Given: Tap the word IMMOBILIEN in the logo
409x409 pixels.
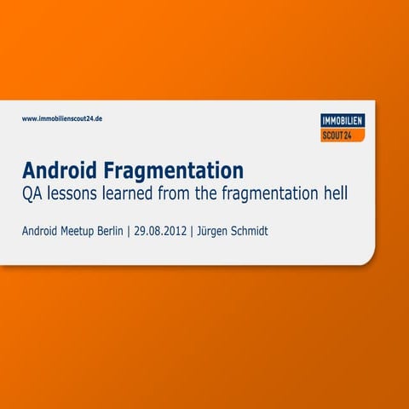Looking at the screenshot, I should (x=343, y=121).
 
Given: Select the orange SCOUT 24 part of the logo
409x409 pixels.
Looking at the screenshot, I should (x=343, y=135).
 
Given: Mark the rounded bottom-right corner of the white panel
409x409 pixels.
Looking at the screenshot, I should (x=368, y=256).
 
